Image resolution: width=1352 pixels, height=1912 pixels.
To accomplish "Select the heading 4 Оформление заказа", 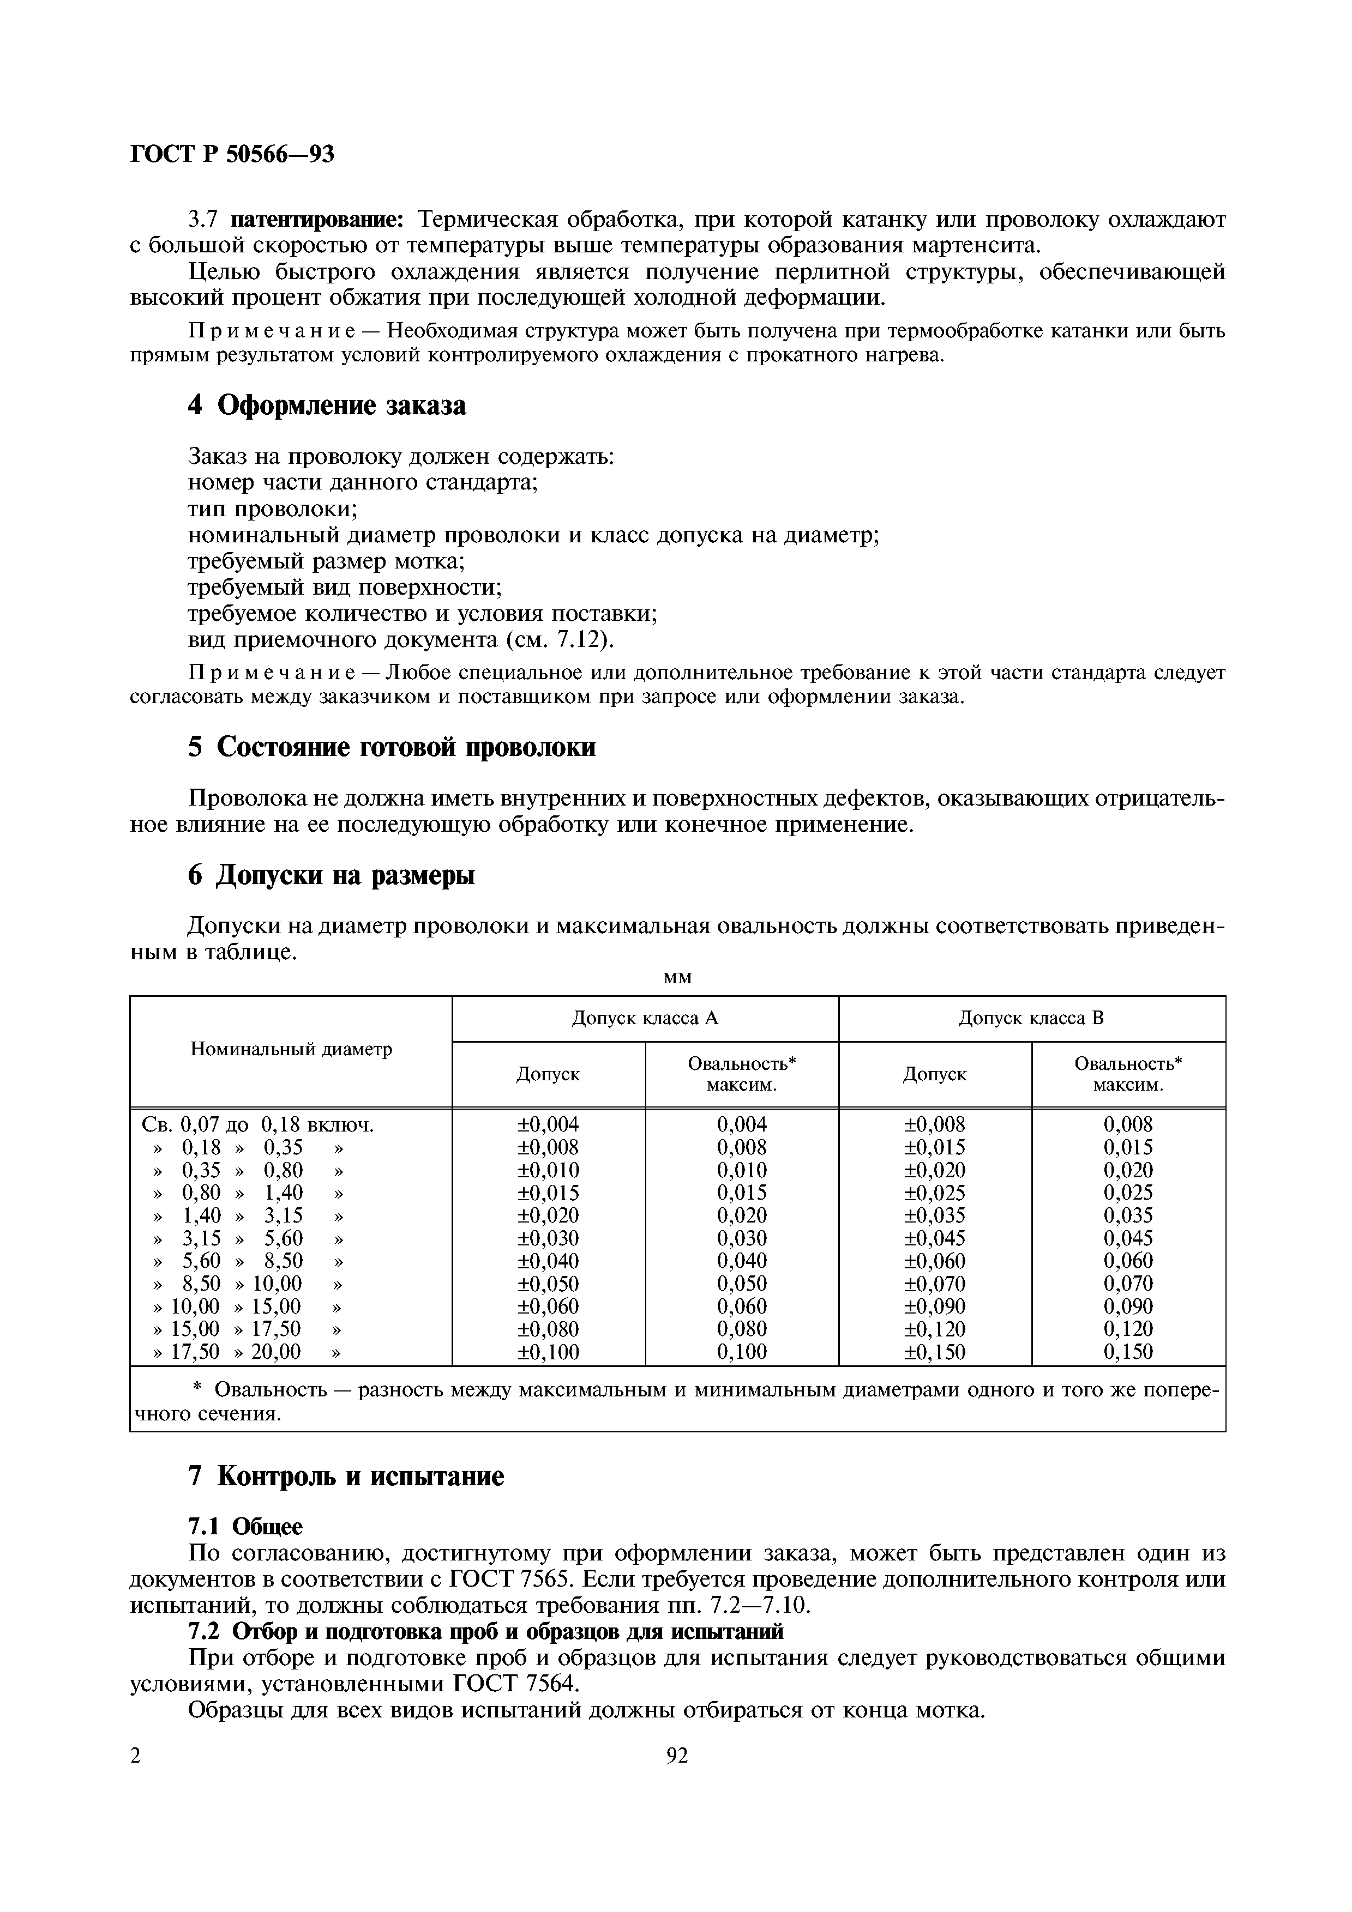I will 327,406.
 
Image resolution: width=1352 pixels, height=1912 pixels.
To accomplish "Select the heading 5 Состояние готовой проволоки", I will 392,747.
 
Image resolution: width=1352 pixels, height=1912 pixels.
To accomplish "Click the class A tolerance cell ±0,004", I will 548,1124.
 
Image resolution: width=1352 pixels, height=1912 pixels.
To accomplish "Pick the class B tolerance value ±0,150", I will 935,1352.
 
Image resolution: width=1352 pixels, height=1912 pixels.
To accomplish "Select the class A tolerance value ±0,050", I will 548,1283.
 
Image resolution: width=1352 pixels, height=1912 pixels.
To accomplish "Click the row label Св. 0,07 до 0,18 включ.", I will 258,1125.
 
